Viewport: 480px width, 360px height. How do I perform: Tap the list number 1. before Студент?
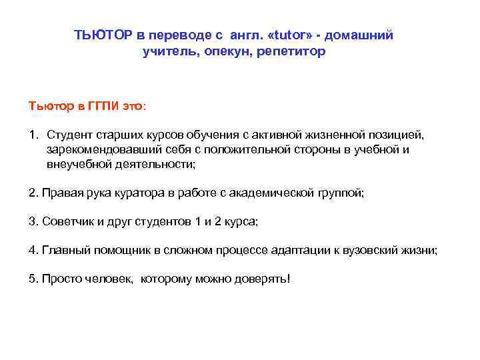point(33,135)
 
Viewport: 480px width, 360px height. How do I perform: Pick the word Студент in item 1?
point(71,135)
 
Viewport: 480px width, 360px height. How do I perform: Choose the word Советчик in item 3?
point(66,221)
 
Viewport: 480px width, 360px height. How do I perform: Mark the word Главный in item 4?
point(64,250)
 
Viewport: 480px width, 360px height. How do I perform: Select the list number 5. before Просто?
point(33,279)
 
